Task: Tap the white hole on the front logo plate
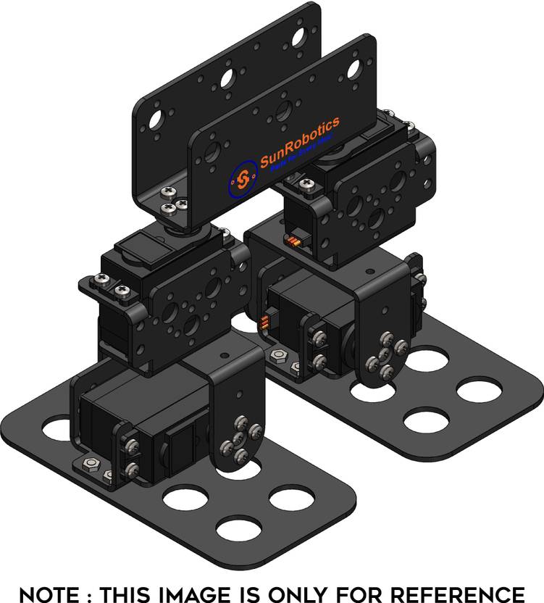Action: (x=353, y=70)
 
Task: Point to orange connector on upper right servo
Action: (x=294, y=241)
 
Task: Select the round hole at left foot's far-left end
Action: (x=55, y=429)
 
